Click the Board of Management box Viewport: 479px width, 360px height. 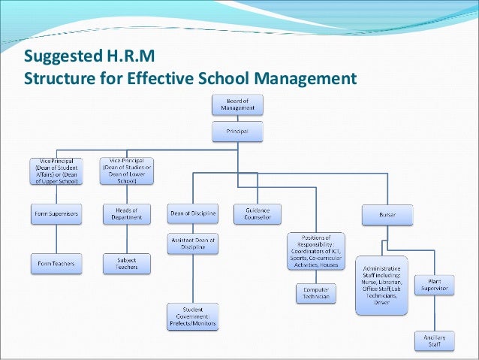[x=237, y=104]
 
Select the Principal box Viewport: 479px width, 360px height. [x=237, y=132]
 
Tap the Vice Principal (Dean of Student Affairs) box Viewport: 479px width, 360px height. [x=57, y=171]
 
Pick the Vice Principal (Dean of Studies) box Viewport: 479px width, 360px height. [x=126, y=171]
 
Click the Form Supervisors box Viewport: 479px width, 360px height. [x=57, y=214]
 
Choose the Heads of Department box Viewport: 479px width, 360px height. [x=126, y=214]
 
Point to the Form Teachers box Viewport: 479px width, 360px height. [x=57, y=263]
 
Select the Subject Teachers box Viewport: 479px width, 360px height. [x=126, y=263]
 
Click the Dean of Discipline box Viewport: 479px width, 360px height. [x=193, y=214]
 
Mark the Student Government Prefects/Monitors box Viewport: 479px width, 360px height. [x=193, y=316]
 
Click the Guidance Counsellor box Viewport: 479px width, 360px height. [x=257, y=214]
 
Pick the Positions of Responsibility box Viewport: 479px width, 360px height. [x=316, y=251]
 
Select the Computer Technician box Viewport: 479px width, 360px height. [x=316, y=293]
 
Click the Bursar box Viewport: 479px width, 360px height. [x=387, y=214]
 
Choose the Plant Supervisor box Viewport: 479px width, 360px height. [x=435, y=286]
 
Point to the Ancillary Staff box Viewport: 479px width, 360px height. [x=435, y=340]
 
